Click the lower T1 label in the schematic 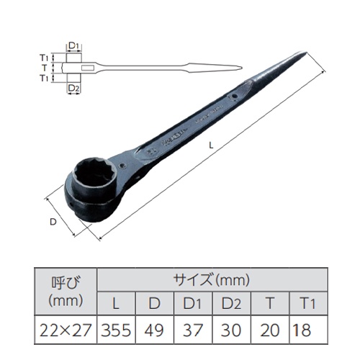point(44,77)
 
